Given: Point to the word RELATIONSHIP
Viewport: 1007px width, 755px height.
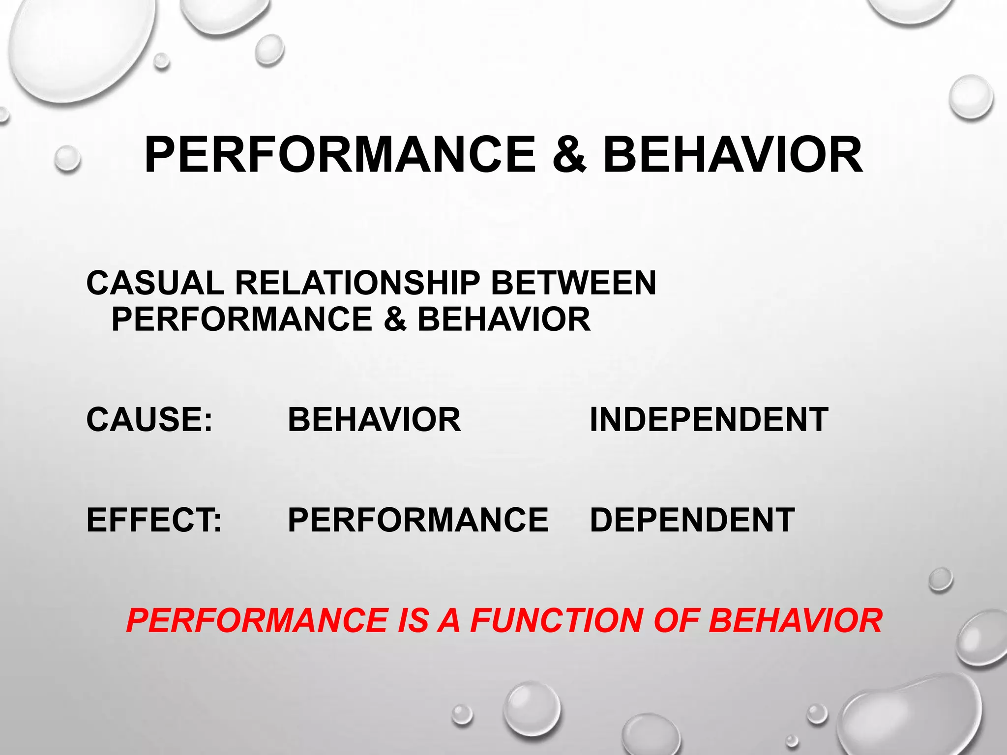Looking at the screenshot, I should [x=357, y=283].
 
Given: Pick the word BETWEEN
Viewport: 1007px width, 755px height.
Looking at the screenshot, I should [x=573, y=283].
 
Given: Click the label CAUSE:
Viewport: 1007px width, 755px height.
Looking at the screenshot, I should [x=149, y=420].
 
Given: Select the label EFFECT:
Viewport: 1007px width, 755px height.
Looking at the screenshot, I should [x=154, y=520].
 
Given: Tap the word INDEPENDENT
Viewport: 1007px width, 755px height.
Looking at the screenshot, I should [x=709, y=420].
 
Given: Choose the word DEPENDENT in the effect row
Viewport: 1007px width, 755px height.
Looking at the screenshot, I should [x=692, y=520].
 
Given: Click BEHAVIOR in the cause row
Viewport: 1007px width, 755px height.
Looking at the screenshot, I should [x=374, y=420].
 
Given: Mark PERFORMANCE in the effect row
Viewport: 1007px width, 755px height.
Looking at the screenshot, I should [x=418, y=520].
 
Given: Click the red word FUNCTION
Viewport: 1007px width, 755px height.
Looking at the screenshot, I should [x=556, y=620].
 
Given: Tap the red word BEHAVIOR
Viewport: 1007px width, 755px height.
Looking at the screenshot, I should [x=796, y=620].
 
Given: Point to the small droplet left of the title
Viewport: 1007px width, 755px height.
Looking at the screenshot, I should [x=67, y=158].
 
